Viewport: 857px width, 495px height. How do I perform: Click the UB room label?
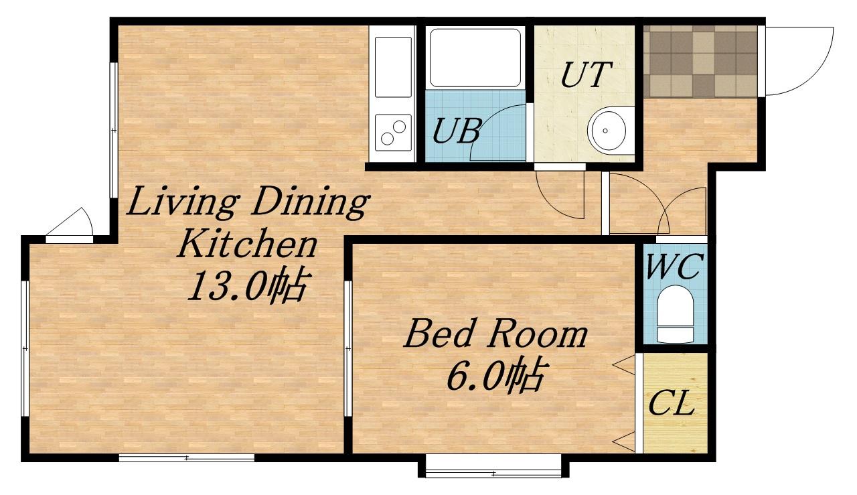[457, 131]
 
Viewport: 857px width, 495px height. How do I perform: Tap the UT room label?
[586, 74]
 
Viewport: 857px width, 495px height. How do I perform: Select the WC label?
[675, 266]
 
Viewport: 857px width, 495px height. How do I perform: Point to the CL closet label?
[672, 403]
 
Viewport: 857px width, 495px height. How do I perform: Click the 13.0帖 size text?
[247, 286]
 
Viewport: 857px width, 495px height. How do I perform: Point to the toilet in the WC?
[676, 314]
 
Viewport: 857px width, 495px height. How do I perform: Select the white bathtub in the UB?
[475, 58]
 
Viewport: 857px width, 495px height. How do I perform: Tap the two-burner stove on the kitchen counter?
[393, 133]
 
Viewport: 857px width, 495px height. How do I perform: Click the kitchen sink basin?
[393, 67]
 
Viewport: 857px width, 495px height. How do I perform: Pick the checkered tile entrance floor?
[700, 61]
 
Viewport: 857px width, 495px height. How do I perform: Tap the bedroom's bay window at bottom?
[493, 466]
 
